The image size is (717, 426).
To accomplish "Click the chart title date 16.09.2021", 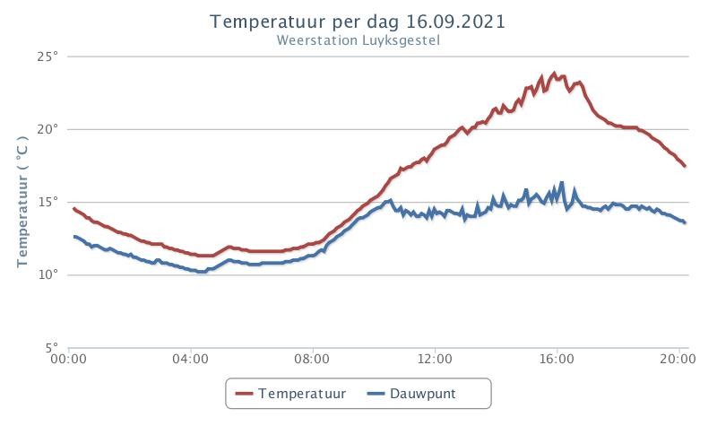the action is pyautogui.click(x=455, y=22).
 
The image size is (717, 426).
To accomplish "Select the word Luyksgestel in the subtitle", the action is pyautogui.click(x=401, y=40).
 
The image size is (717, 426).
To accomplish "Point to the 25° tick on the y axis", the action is pyautogui.click(x=48, y=57).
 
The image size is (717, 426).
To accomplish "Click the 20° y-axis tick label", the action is pyautogui.click(x=48, y=129).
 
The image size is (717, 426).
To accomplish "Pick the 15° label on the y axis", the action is pyautogui.click(x=48, y=203).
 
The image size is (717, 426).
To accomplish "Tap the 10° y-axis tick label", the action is pyautogui.click(x=48, y=275).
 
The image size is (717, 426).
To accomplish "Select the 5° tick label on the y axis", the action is pyautogui.click(x=52, y=348).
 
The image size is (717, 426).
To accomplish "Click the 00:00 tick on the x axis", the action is pyautogui.click(x=69, y=359).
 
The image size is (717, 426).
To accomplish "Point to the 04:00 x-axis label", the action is pyautogui.click(x=191, y=359).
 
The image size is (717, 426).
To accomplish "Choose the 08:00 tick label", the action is pyautogui.click(x=312, y=359).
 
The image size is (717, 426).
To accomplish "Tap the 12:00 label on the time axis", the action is pyautogui.click(x=435, y=359).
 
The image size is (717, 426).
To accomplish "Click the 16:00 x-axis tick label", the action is pyautogui.click(x=557, y=359).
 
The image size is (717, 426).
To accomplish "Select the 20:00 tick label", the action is pyautogui.click(x=678, y=359).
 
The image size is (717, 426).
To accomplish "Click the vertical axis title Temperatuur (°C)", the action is pyautogui.click(x=22, y=201).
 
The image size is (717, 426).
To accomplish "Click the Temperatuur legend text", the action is pyautogui.click(x=302, y=394).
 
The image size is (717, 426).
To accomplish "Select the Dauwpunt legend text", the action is pyautogui.click(x=422, y=394).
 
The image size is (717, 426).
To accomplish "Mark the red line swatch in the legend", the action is pyautogui.click(x=244, y=394).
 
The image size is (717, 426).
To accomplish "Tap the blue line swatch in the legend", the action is pyautogui.click(x=376, y=394).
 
